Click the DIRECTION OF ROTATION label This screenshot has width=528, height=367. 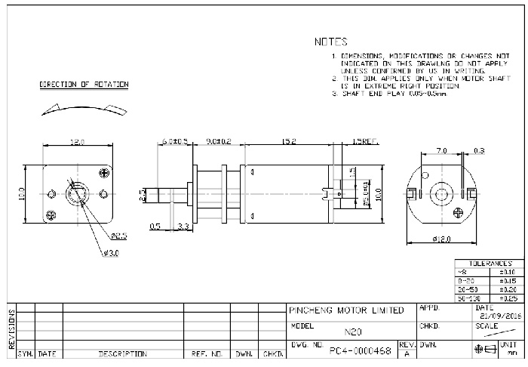[x=84, y=85]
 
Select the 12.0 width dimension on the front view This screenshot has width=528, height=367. [x=76, y=142]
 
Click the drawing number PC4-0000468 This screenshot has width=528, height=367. [x=361, y=350]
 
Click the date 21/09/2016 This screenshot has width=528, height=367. [x=498, y=316]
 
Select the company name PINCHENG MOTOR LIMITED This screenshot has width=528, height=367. [x=346, y=310]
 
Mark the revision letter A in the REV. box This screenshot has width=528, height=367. [x=407, y=353]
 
